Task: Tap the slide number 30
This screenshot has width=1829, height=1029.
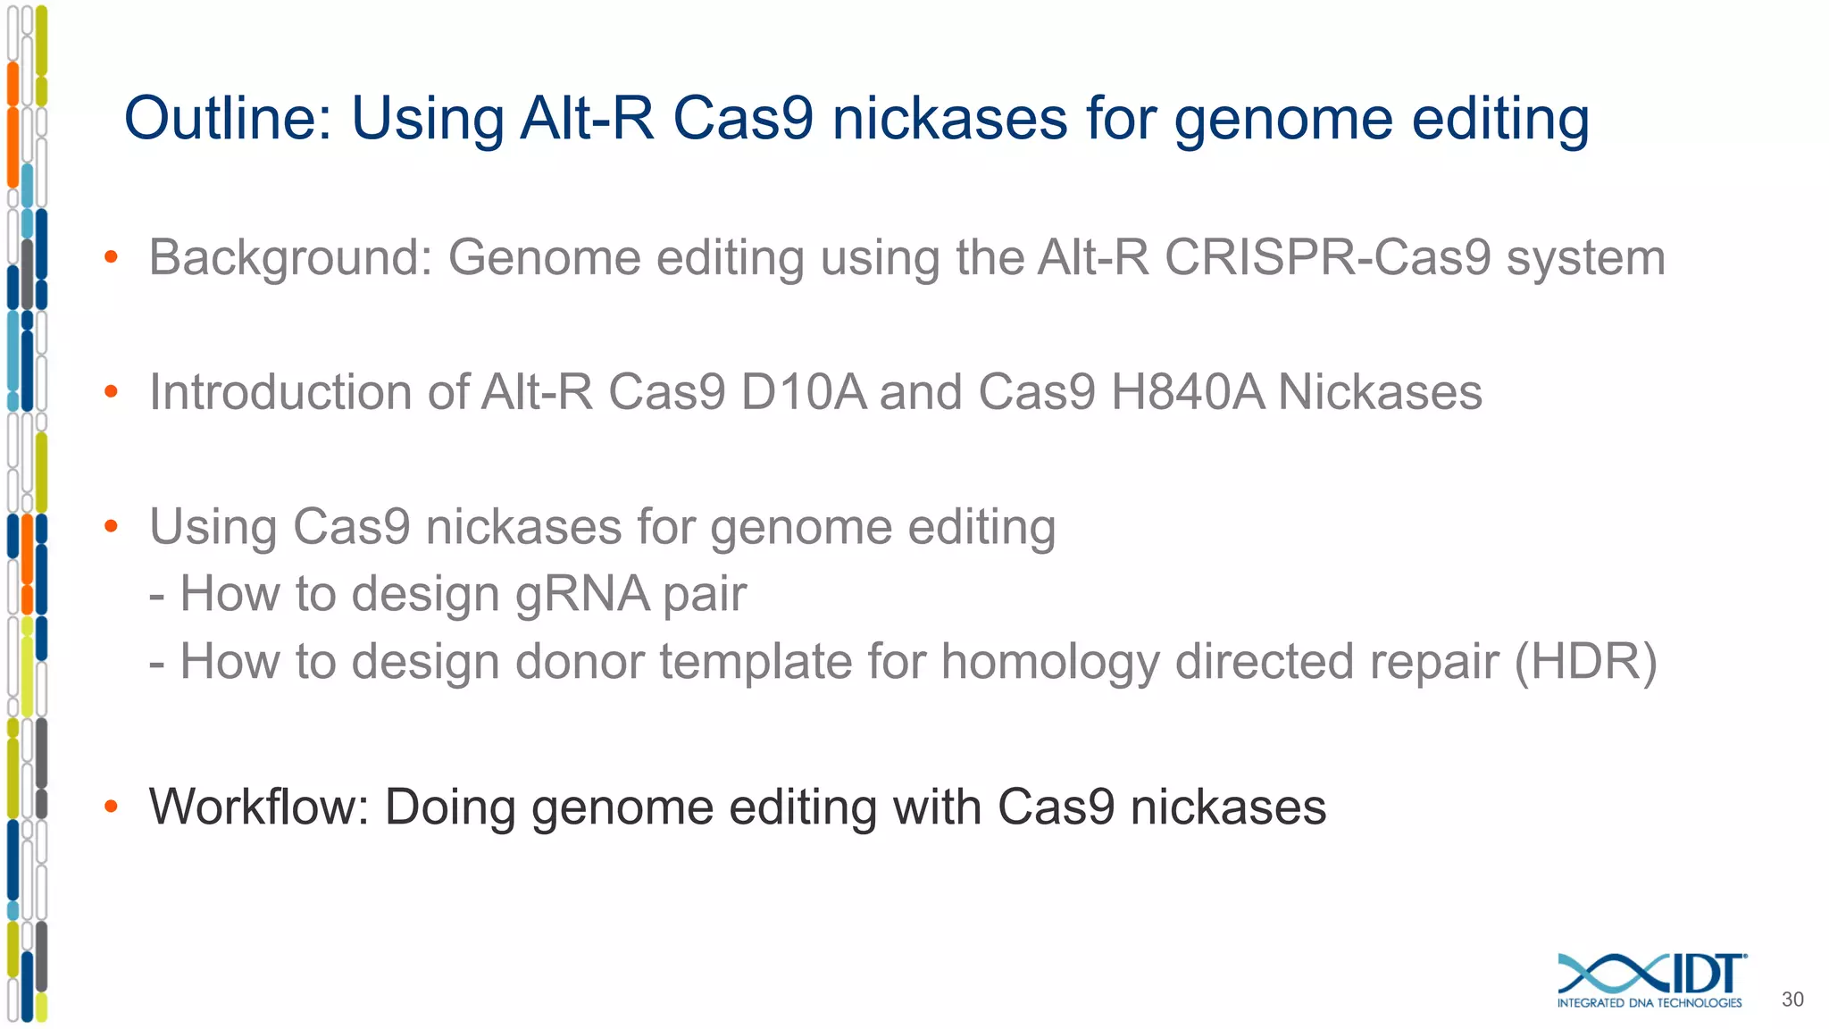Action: pyautogui.click(x=1792, y=1000)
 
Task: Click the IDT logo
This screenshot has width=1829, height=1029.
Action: pyautogui.click(x=1651, y=975)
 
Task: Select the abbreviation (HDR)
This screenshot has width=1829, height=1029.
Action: pyautogui.click(x=1585, y=662)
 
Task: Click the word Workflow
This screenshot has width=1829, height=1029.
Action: pyautogui.click(x=258, y=807)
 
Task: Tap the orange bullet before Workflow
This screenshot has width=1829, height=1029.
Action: pyautogui.click(x=111, y=807)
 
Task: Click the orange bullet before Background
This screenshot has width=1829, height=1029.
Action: pyautogui.click(x=111, y=258)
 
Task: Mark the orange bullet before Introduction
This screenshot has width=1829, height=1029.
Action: pyautogui.click(x=111, y=392)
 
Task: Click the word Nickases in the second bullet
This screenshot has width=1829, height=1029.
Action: pyautogui.click(x=1380, y=392)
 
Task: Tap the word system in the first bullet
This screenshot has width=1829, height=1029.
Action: pyautogui.click(x=1585, y=259)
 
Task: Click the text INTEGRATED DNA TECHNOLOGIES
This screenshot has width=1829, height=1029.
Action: pyautogui.click(x=1649, y=1003)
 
